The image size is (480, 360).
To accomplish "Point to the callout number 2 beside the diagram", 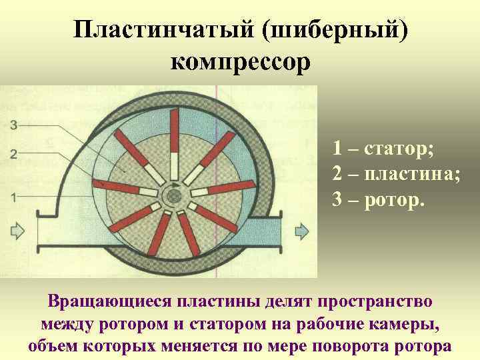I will (x=14, y=155).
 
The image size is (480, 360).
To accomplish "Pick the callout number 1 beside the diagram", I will (x=14, y=197).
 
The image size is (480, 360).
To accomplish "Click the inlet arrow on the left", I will (x=15, y=231).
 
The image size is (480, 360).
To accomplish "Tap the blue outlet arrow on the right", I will (x=302, y=231).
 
